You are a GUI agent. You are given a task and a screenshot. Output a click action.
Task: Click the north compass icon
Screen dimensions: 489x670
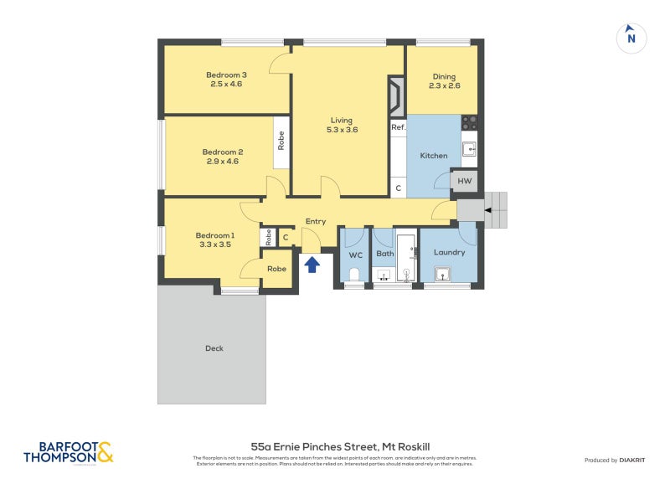click(631, 38)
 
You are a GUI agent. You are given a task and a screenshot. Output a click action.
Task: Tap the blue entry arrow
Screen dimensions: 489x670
click(312, 265)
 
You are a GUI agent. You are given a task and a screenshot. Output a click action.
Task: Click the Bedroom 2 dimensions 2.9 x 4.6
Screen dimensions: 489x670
click(222, 162)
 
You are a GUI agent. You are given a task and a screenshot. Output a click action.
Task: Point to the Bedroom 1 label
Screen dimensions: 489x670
click(215, 235)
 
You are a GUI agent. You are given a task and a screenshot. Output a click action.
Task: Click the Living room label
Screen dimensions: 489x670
click(342, 121)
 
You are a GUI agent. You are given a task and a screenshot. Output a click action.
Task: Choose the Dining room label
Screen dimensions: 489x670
click(444, 75)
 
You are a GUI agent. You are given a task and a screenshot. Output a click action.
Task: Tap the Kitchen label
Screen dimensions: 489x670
click(434, 156)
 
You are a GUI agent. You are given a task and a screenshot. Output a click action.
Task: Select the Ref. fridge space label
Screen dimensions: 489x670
click(398, 127)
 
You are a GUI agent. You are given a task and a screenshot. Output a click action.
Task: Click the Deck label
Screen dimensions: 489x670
click(214, 348)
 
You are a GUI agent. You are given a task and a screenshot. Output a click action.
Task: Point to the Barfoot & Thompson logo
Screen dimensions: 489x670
click(68, 453)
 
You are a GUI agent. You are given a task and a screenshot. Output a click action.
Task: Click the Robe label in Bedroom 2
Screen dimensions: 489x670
click(281, 141)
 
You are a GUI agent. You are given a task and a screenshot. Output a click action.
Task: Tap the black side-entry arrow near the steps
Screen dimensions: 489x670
click(485, 209)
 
